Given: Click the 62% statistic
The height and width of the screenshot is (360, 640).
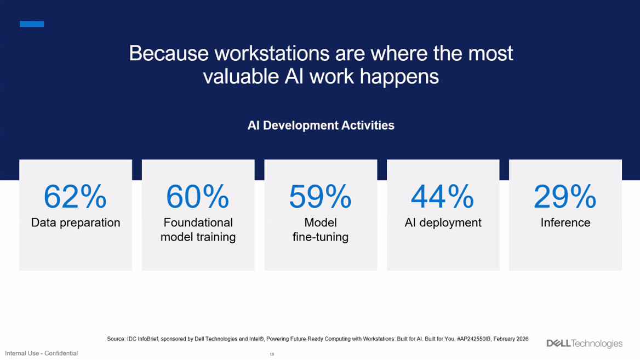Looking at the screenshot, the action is pyautogui.click(x=75, y=196).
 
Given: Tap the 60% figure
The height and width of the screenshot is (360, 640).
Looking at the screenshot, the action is pyautogui.click(x=198, y=196).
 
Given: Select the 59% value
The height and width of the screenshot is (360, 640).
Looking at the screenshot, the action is pyautogui.click(x=320, y=196).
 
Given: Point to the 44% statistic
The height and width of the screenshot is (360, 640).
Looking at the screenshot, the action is pyautogui.click(x=442, y=196).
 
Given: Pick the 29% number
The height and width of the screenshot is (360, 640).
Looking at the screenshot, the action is pyautogui.click(x=565, y=196).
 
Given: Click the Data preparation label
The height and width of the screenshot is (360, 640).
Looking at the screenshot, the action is pyautogui.click(x=76, y=222).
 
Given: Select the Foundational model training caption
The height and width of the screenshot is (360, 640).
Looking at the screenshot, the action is pyautogui.click(x=198, y=230).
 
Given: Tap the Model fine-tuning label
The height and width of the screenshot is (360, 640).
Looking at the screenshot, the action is pyautogui.click(x=321, y=230).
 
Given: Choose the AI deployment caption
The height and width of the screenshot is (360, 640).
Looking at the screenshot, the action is pyautogui.click(x=443, y=222).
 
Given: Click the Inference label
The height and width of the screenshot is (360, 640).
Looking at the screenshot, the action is pyautogui.click(x=565, y=222).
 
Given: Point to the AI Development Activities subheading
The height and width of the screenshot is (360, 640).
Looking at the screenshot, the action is pyautogui.click(x=321, y=125).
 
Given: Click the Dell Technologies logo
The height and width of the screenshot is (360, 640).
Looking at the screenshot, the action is pyautogui.click(x=585, y=344).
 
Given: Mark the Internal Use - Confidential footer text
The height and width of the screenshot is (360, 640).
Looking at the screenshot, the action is pyautogui.click(x=41, y=353).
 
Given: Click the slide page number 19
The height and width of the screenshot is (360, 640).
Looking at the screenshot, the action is pyautogui.click(x=272, y=355).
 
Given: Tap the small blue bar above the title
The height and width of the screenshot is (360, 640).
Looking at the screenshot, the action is pyautogui.click(x=32, y=24).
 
